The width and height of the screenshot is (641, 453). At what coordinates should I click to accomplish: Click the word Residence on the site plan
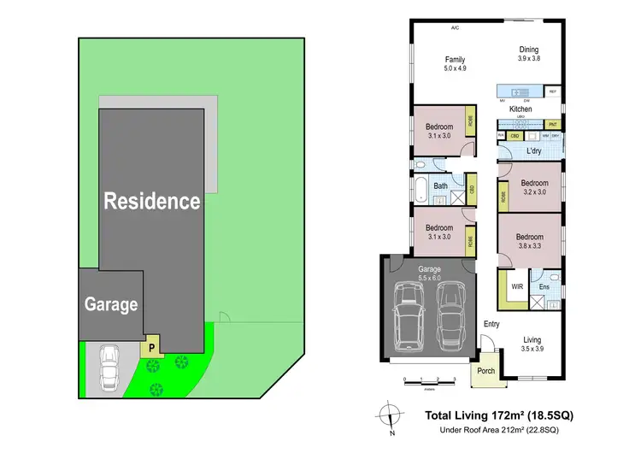152,202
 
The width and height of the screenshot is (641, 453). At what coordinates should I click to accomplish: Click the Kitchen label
520,109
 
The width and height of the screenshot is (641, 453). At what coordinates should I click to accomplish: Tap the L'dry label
535,151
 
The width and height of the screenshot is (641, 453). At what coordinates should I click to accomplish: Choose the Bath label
441,185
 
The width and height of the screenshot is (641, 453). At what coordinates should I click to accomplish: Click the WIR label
516,286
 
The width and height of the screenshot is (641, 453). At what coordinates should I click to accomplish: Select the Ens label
544,287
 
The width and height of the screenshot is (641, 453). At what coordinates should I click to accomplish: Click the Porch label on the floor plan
486,370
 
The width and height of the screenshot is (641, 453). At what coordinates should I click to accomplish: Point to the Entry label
491,324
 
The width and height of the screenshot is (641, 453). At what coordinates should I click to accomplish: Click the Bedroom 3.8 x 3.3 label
529,241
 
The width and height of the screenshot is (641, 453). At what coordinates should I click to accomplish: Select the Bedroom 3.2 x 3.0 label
534,187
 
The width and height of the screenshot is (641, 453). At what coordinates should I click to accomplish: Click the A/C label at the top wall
456,27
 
